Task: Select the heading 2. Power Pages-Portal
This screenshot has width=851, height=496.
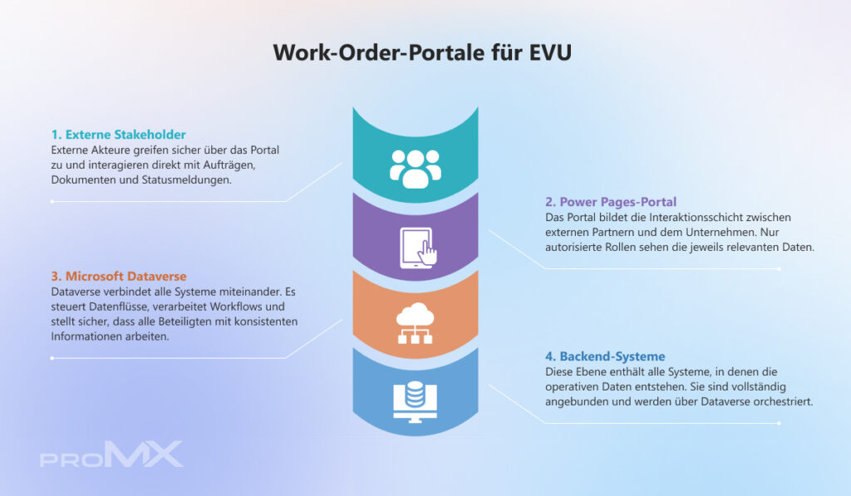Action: pos(611,201)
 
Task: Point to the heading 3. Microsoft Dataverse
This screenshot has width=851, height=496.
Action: pos(118,275)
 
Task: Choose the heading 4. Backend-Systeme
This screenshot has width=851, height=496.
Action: pos(605,356)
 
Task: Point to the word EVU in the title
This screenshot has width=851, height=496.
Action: pos(550,52)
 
